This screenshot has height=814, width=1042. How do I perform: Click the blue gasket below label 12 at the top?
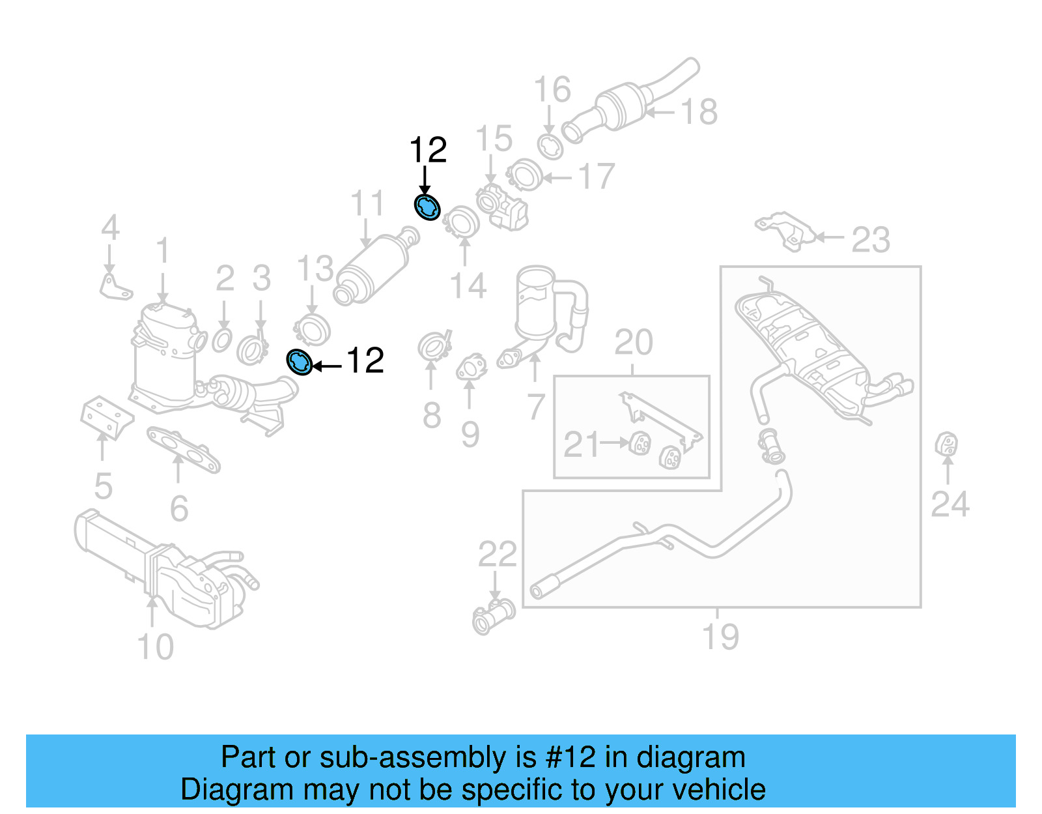click(x=427, y=207)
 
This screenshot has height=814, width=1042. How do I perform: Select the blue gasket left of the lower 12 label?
click(x=300, y=362)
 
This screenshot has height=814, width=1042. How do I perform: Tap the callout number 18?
click(x=699, y=112)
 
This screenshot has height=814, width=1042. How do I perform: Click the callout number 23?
click(x=870, y=240)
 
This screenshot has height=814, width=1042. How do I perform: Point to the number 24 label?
click(x=950, y=504)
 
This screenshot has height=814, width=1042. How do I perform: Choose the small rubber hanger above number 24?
click(x=947, y=445)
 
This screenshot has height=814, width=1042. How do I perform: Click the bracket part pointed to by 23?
click(x=785, y=229)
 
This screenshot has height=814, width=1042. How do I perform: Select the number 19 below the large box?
click(x=720, y=637)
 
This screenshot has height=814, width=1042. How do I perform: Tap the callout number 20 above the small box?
click(x=633, y=342)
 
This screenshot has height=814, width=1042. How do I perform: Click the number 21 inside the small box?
click(x=581, y=444)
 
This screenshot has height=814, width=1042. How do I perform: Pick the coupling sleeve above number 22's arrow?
click(x=494, y=616)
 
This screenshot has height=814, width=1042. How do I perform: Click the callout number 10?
click(x=155, y=647)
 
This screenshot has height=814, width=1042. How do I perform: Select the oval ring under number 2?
click(x=222, y=340)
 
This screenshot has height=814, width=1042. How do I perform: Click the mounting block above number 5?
click(x=106, y=416)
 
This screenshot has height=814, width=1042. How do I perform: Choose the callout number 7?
click(x=535, y=407)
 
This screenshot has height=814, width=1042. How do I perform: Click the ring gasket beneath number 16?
click(x=550, y=147)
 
